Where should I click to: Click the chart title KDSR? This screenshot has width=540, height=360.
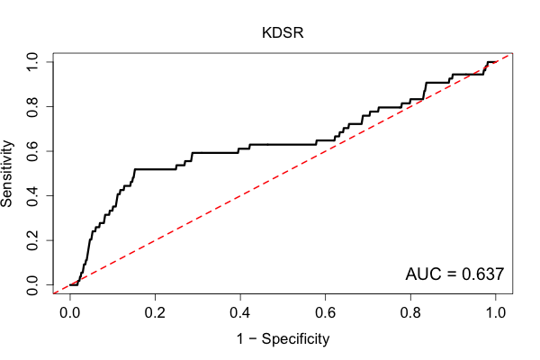(x=283, y=32)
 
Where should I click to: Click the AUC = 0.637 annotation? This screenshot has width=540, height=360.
(x=454, y=274)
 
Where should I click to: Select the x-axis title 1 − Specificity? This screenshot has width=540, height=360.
(x=283, y=339)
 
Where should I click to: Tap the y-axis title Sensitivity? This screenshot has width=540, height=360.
(x=6, y=174)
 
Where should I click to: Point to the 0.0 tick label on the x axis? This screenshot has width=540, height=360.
(x=70, y=313)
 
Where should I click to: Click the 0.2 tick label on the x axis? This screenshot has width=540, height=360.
(x=155, y=313)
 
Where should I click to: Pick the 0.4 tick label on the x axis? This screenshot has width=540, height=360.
(x=240, y=313)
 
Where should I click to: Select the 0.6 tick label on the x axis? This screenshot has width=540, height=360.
(x=325, y=313)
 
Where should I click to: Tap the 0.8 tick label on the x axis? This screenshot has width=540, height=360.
(x=410, y=313)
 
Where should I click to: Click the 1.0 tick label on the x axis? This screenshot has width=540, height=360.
(x=496, y=313)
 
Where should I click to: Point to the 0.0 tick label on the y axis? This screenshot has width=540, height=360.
(x=32, y=285)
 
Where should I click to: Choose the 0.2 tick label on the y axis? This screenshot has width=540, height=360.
(x=32, y=240)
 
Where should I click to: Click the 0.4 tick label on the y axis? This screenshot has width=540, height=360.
(x=32, y=195)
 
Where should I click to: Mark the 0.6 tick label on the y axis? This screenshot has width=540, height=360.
(x=32, y=151)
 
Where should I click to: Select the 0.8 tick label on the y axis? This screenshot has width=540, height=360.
(x=32, y=106)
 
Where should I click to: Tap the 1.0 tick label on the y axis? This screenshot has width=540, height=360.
(x=32, y=62)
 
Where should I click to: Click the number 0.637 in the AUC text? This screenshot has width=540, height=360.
(x=482, y=274)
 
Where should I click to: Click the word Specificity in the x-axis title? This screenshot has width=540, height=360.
(x=295, y=339)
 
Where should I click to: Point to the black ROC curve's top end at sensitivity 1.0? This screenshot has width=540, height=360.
(x=495, y=62)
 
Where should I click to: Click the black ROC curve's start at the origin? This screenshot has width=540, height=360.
(x=70, y=285)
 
